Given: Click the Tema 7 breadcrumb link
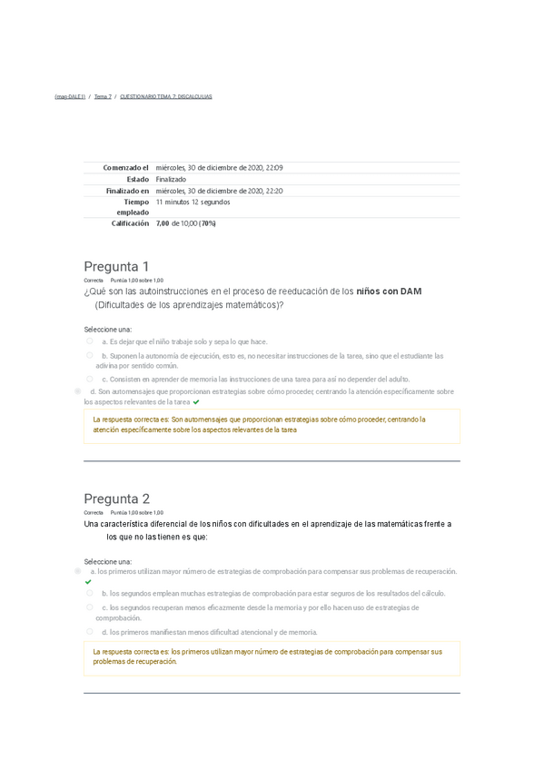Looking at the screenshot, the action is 103,96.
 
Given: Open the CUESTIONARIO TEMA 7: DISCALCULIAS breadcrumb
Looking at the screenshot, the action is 165,96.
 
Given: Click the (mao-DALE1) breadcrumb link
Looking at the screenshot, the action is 70,96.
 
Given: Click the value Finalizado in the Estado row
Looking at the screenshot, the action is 171,180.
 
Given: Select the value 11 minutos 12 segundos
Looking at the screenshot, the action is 193,202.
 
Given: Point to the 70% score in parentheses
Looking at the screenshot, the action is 208,222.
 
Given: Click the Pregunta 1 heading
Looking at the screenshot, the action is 116,266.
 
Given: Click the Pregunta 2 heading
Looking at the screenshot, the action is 116,499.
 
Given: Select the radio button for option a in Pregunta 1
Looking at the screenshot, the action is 90,341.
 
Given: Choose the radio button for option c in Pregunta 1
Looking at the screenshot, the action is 90,379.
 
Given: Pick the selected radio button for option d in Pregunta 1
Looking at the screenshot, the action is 78,391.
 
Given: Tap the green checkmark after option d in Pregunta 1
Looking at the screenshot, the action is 196,401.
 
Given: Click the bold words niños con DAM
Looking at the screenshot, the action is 389,291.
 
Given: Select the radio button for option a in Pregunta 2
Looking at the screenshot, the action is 78,571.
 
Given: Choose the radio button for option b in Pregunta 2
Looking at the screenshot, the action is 90,593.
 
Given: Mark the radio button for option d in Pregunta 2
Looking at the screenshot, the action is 90,631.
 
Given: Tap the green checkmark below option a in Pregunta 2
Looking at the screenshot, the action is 88,582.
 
